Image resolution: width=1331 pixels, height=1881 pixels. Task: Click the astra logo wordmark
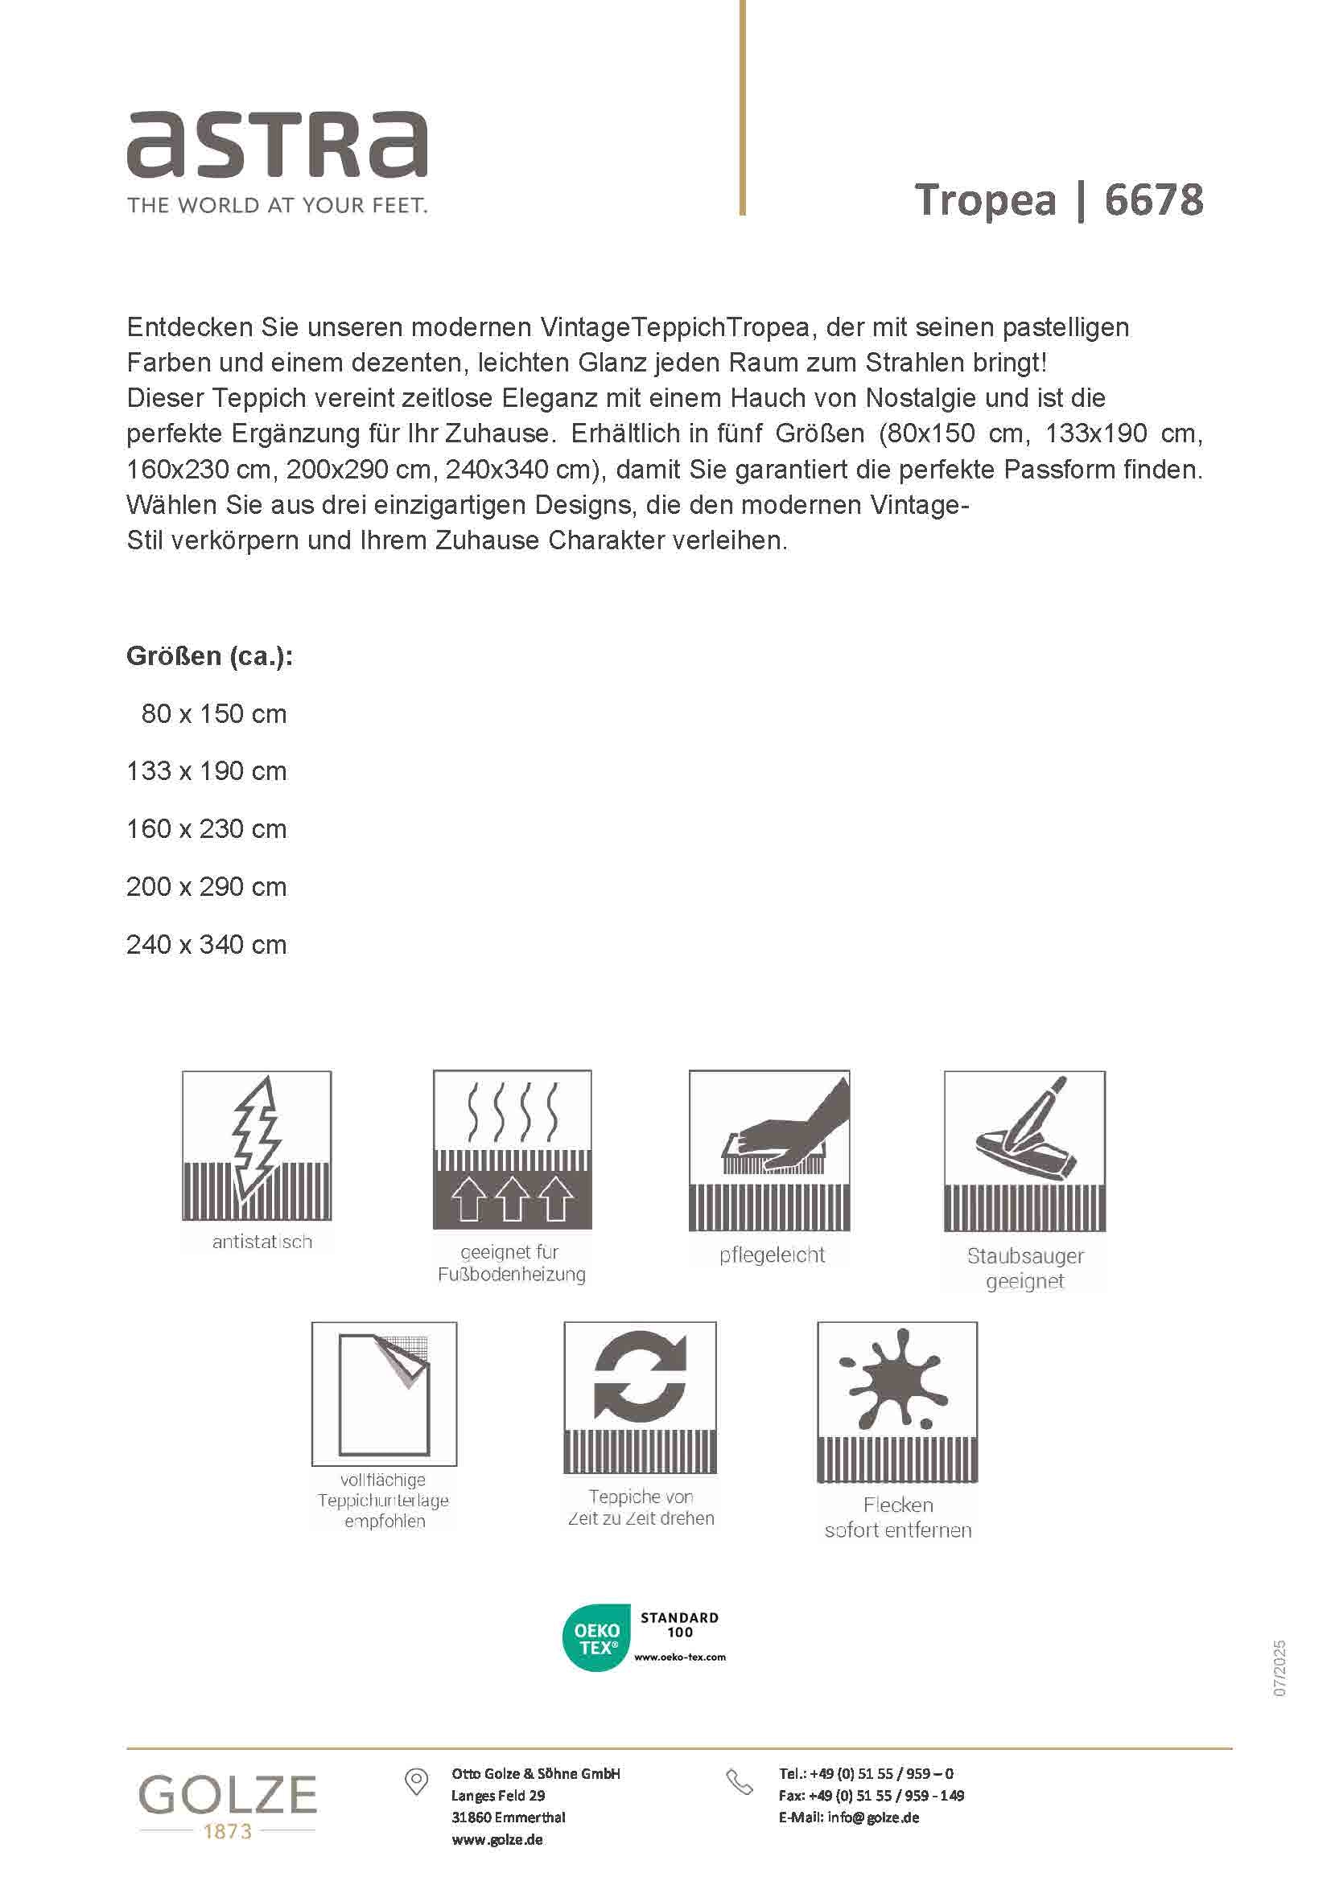(x=276, y=145)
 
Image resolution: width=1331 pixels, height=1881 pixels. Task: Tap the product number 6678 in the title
(x=1153, y=200)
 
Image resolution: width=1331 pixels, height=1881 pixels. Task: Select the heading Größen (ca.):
(x=209, y=656)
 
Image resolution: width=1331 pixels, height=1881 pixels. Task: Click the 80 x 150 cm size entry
(x=213, y=713)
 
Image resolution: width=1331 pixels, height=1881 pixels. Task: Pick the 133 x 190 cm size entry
(x=207, y=771)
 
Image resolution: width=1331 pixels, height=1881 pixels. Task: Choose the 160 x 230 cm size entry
(x=207, y=829)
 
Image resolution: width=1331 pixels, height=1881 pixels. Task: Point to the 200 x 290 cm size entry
(x=207, y=886)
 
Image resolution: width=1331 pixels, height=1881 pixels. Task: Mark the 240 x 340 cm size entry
(x=207, y=945)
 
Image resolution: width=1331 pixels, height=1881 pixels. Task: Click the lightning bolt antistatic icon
(x=257, y=1144)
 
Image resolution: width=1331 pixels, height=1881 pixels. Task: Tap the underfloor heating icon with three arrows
(x=513, y=1148)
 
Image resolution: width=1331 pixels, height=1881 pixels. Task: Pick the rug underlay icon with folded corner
(x=385, y=1394)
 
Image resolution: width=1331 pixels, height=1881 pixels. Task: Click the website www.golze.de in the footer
(x=497, y=1839)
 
